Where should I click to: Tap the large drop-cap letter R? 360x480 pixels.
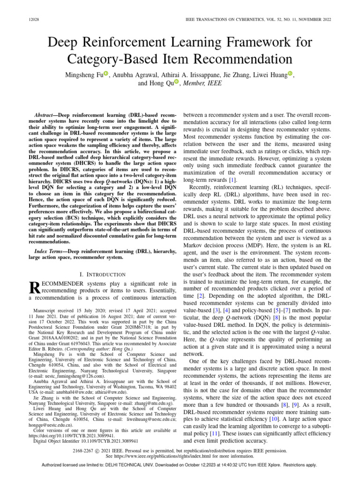[x=35, y=289]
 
